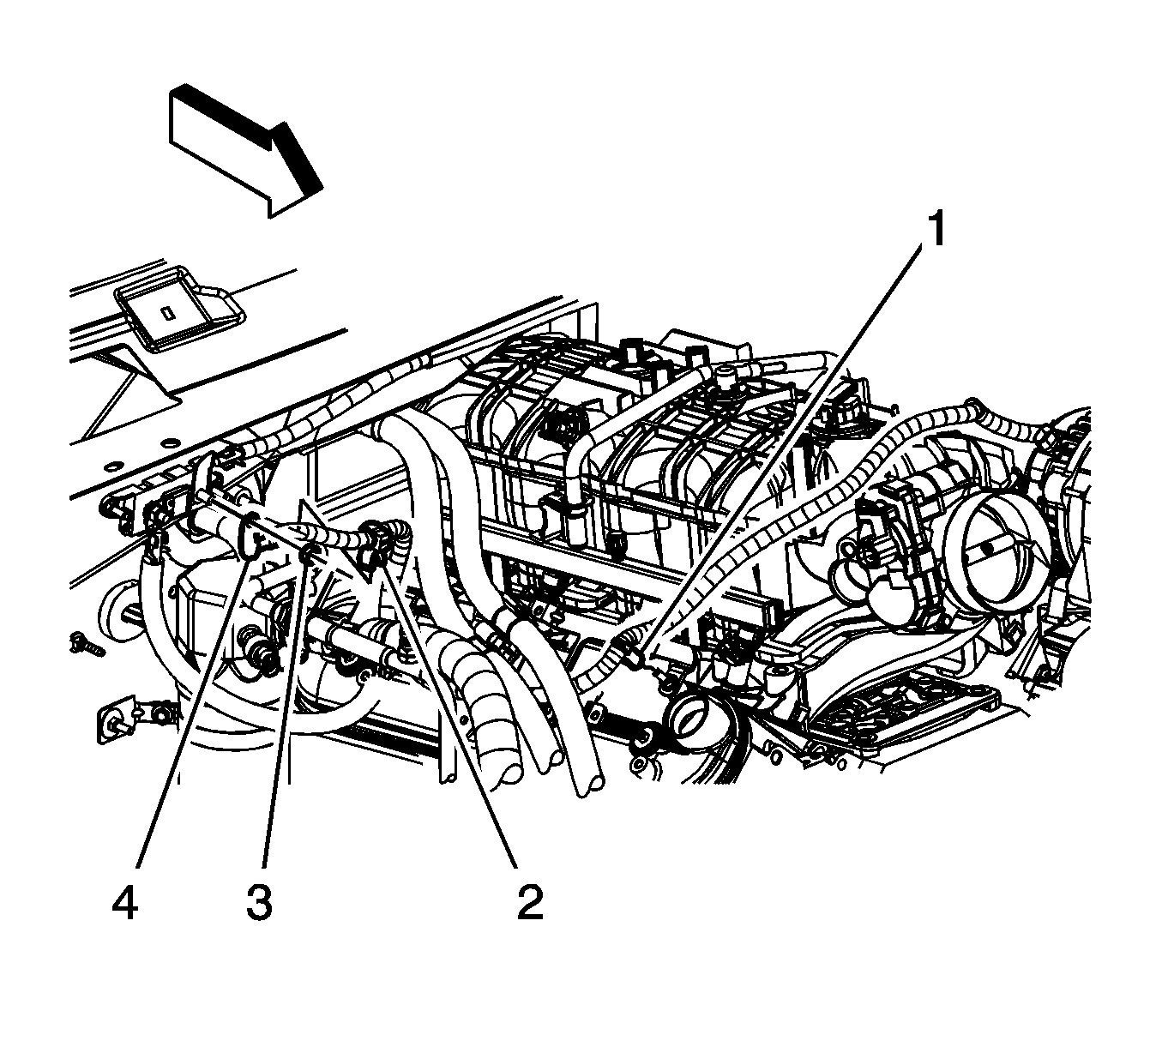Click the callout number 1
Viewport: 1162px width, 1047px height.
(936, 230)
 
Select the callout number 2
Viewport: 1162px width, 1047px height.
(529, 903)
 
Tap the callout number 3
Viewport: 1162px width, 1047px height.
(259, 903)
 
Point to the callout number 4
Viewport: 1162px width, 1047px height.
(125, 903)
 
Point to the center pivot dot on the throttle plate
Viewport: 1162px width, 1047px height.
(991, 545)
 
